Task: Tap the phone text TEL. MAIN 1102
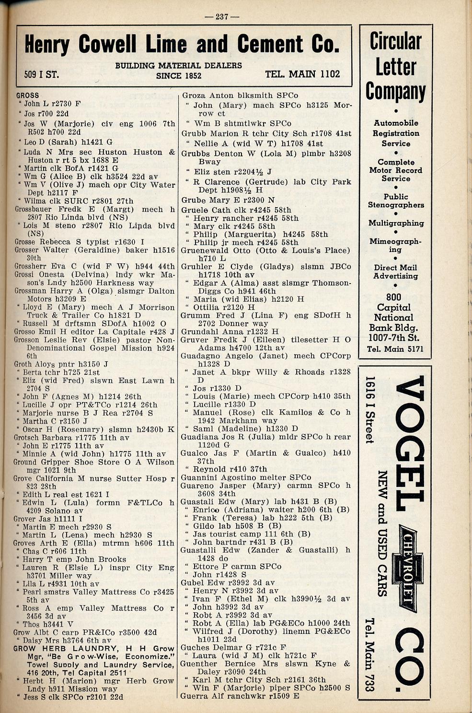click(302, 74)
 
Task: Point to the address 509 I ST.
click(42, 74)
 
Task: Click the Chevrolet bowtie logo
click(408, 571)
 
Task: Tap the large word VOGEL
click(409, 444)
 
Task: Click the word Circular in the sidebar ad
click(395, 42)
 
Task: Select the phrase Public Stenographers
click(396, 201)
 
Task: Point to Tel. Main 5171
click(395, 349)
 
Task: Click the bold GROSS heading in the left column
click(28, 95)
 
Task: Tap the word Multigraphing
click(396, 223)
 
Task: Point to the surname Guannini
click(198, 477)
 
